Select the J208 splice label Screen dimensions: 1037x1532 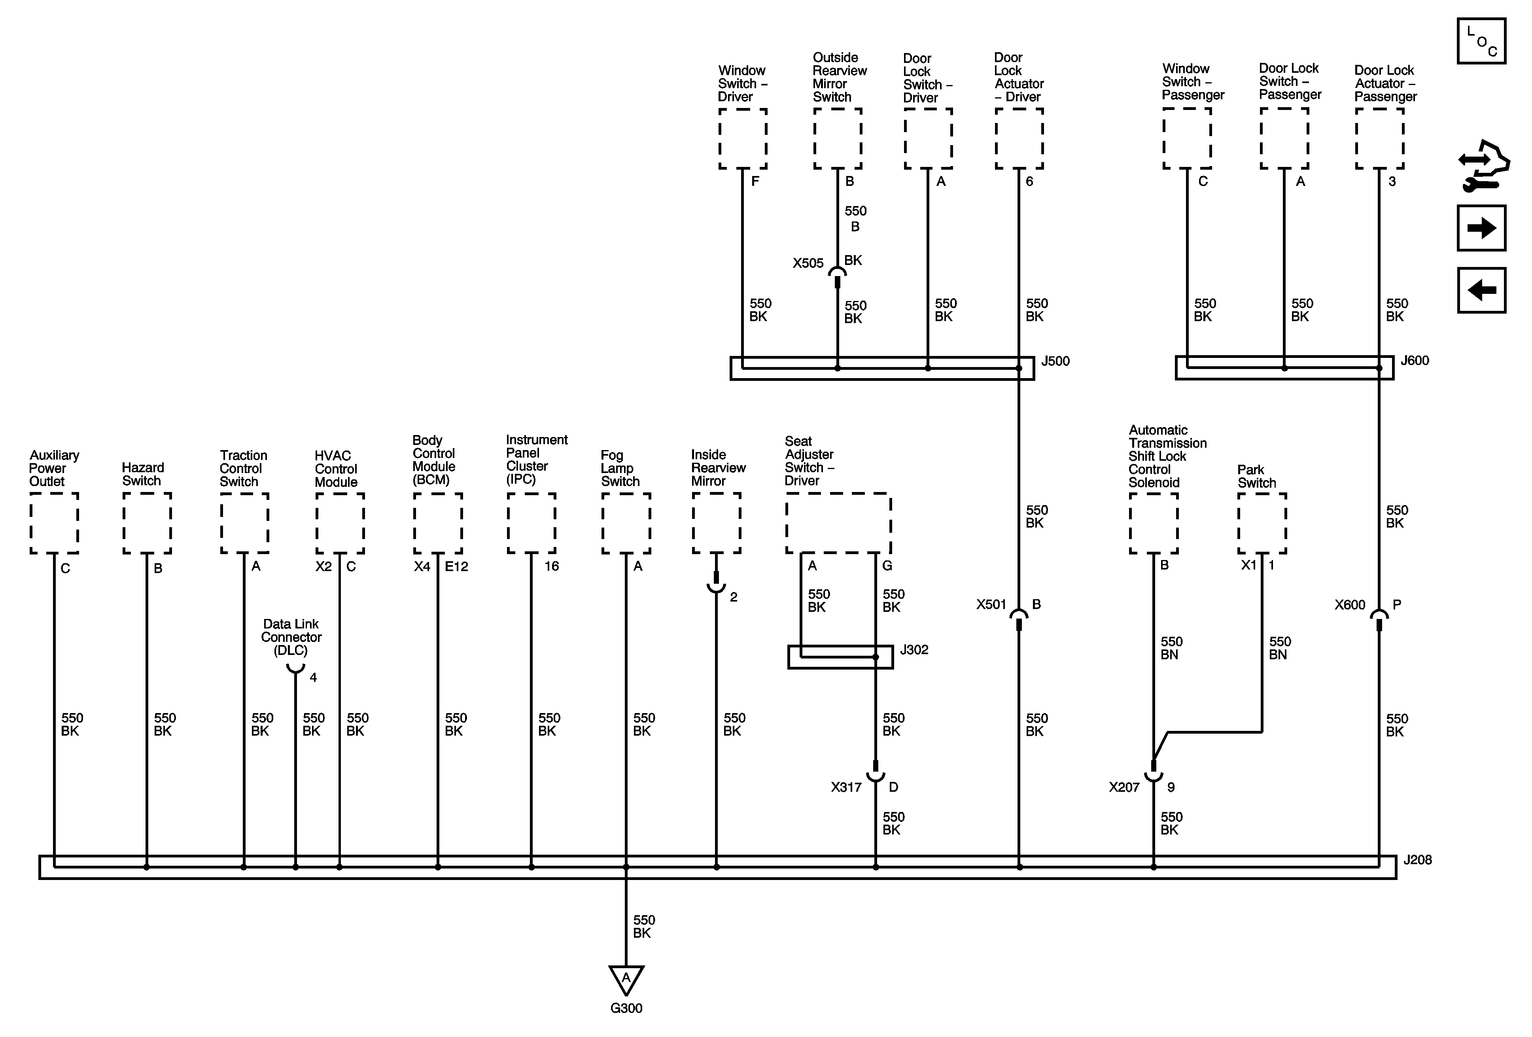point(1417,860)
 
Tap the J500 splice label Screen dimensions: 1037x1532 point(1055,361)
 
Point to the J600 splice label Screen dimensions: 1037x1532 point(1415,361)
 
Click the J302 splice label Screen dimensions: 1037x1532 point(914,650)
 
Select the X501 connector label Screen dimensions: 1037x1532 point(991,605)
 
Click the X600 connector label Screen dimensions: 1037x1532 point(1349,605)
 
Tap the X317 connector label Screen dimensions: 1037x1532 point(846,787)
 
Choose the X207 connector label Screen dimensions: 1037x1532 point(1124,787)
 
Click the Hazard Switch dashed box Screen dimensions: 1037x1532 point(147,523)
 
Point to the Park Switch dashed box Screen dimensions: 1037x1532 point(1262,523)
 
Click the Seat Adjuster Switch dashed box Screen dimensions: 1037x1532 point(838,523)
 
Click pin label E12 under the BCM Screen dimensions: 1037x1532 point(456,566)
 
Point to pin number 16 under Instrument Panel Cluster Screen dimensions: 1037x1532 point(551,566)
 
